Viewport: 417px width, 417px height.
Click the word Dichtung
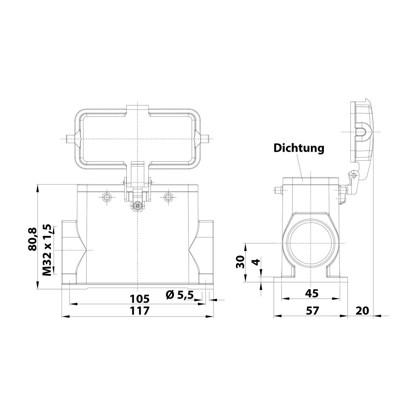point(299,148)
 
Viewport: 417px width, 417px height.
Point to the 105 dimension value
point(140,299)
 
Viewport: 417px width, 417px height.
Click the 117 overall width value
point(140,311)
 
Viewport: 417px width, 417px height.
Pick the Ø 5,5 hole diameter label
point(180,294)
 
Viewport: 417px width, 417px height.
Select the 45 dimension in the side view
point(311,293)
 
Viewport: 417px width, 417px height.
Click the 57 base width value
point(312,311)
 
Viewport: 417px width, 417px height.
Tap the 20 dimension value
point(362,311)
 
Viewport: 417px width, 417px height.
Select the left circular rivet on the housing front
point(106,197)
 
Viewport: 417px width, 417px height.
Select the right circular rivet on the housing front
point(168,197)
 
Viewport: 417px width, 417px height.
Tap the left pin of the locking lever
point(68,139)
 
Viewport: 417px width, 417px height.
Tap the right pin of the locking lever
point(206,139)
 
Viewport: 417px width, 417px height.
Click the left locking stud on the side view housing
point(277,190)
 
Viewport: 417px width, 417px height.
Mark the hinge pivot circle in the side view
point(354,175)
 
